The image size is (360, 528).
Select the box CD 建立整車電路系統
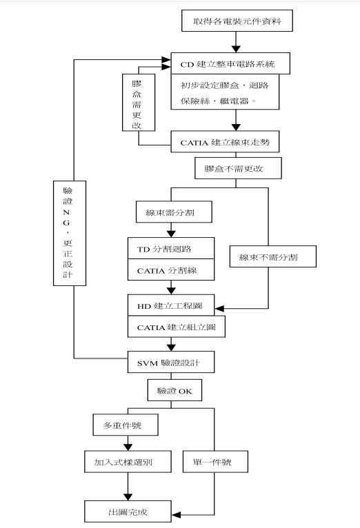227,65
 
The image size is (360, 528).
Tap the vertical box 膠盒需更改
137,103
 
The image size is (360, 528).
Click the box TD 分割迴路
172,248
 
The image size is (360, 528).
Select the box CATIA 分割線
172,271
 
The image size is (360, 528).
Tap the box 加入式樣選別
127,463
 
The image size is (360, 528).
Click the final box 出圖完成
127,512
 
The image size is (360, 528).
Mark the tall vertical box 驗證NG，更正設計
66,232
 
